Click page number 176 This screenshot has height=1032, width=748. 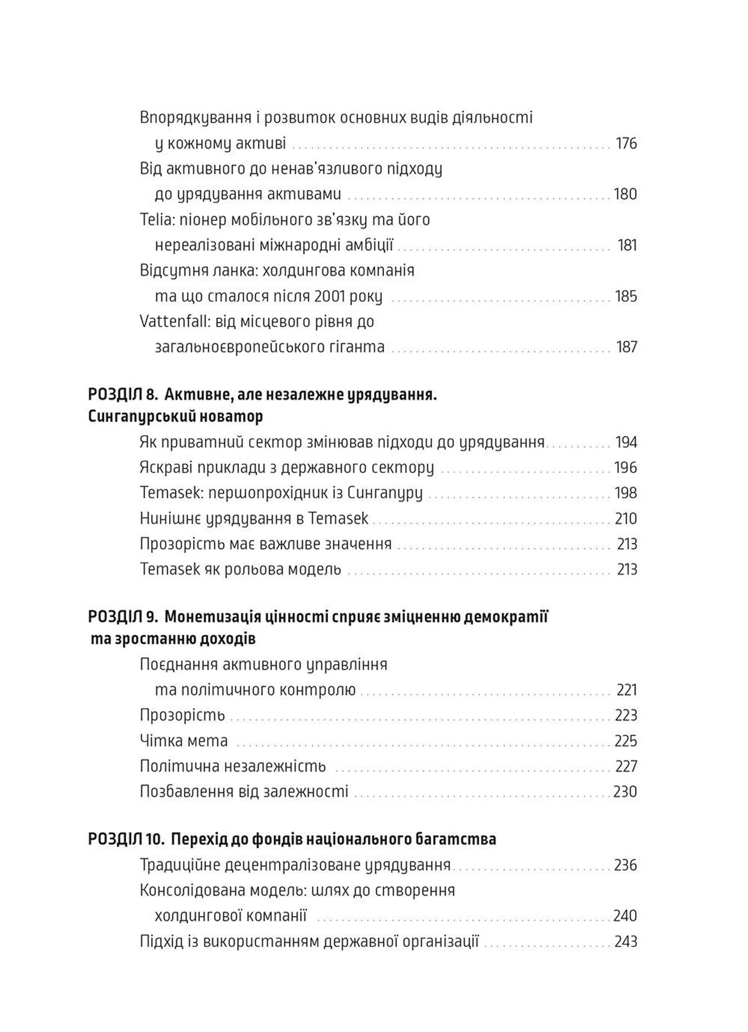[626, 144]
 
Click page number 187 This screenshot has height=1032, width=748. [626, 347]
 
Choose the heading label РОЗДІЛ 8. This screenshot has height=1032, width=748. [123, 395]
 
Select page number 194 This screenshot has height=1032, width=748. [626, 442]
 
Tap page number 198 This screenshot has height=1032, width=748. [626, 493]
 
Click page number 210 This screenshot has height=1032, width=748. [626, 519]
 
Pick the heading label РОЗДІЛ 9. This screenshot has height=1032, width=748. [123, 618]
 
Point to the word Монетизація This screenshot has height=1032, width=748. [213, 618]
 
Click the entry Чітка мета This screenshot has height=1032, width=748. [183, 741]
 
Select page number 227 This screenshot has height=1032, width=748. [626, 766]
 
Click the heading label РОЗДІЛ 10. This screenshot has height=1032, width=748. [126, 840]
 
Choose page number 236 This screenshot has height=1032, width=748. [626, 865]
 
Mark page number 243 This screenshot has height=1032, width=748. [626, 941]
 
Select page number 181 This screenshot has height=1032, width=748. [627, 246]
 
